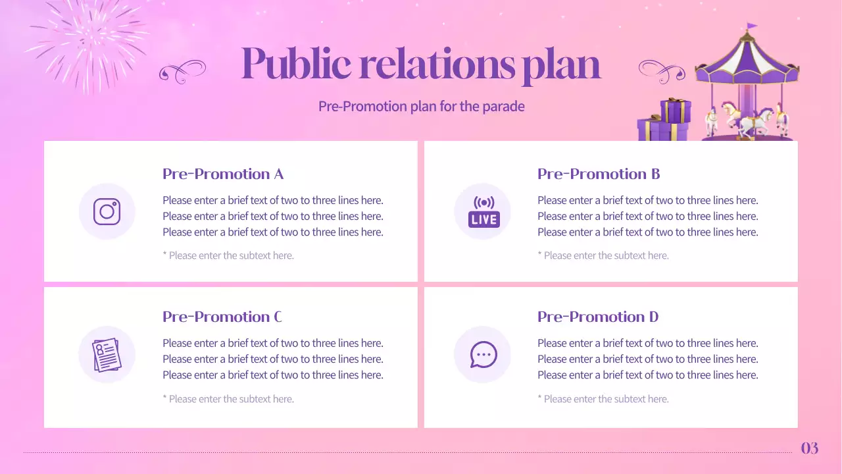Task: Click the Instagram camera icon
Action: [x=107, y=211]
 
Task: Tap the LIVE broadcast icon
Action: [x=483, y=212]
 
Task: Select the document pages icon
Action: [x=107, y=355]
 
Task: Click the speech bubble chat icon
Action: [x=483, y=355]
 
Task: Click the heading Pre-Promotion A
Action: [x=223, y=174]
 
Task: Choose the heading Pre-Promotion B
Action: [x=599, y=174]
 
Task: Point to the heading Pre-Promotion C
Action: [x=222, y=317]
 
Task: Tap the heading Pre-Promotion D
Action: [x=598, y=317]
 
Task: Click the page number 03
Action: [x=810, y=448]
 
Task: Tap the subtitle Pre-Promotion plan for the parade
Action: [x=422, y=106]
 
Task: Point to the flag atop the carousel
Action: [x=751, y=27]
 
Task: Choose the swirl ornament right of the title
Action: [x=662, y=70]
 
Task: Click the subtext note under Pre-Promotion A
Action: [x=228, y=255]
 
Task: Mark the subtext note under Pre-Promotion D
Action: [x=603, y=399]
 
